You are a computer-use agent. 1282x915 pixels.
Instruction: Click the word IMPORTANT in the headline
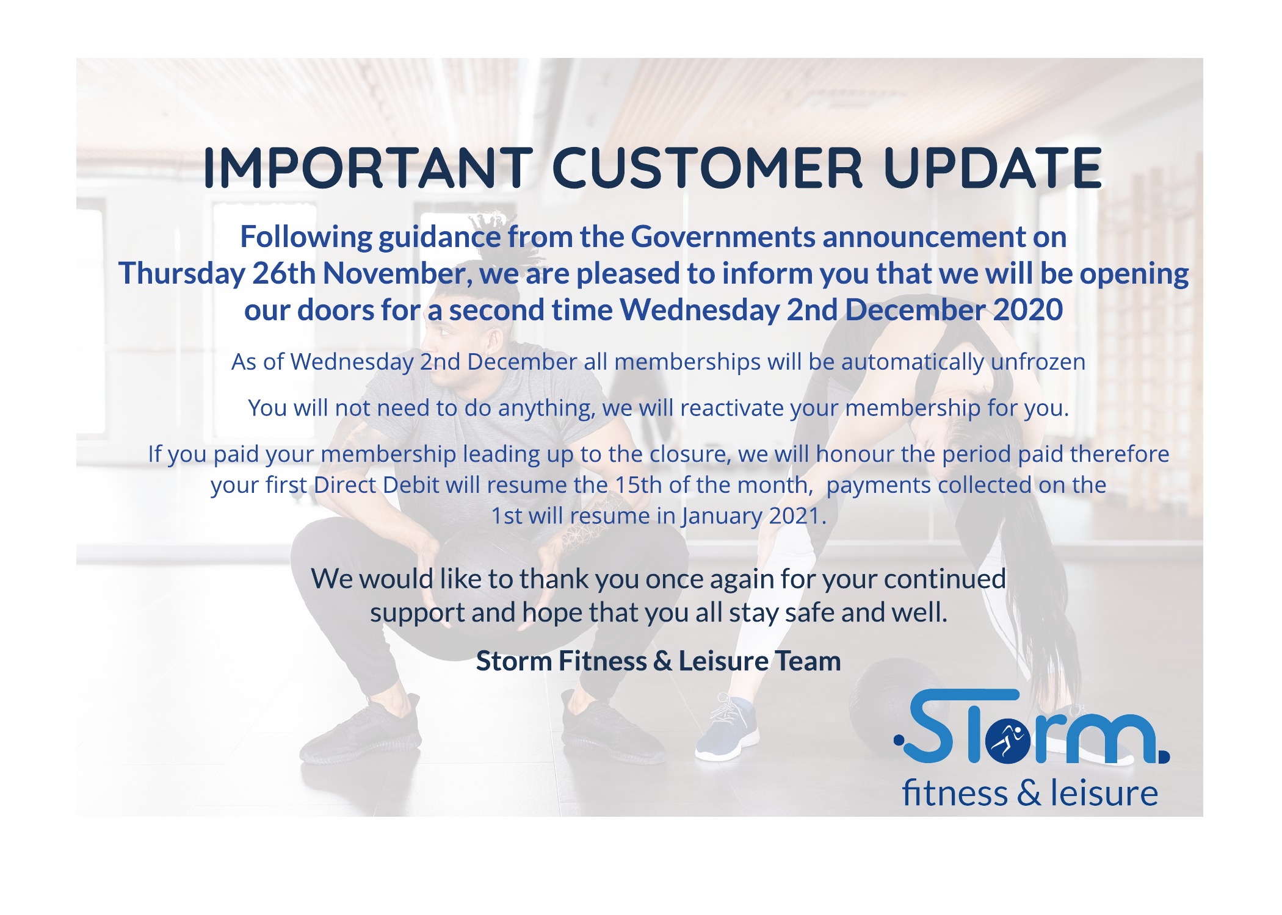click(x=368, y=168)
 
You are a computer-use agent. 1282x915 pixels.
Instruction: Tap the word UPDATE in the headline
click(x=993, y=168)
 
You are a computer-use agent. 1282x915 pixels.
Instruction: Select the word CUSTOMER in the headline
click(x=708, y=168)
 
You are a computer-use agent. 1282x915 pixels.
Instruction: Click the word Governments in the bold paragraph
click(x=722, y=237)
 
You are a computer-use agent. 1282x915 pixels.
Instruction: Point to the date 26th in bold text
click(x=283, y=273)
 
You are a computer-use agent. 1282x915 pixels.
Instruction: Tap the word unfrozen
click(x=1038, y=362)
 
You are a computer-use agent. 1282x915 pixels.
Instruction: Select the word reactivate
click(x=731, y=408)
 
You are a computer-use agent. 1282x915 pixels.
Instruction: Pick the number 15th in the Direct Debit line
click(x=639, y=486)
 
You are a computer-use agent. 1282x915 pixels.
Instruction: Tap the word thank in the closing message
click(x=555, y=579)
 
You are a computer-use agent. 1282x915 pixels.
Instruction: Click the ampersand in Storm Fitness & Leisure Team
click(x=662, y=661)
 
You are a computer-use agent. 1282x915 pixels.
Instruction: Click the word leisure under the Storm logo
click(x=1104, y=794)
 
